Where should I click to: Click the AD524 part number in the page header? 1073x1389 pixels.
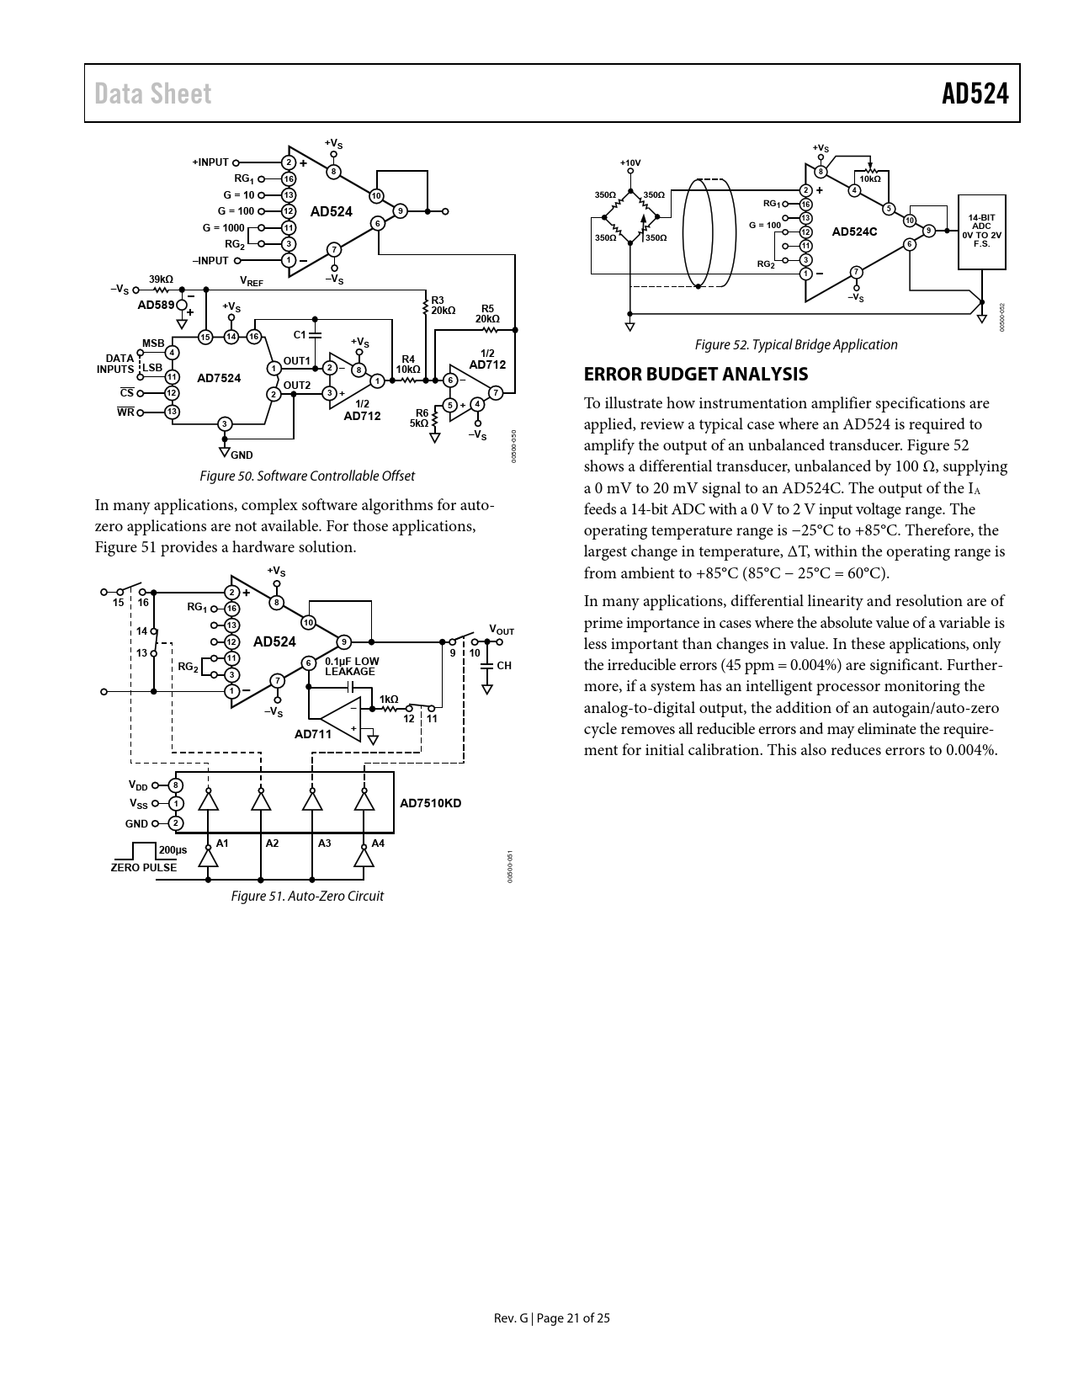coord(975,93)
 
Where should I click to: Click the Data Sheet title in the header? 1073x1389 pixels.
coord(152,93)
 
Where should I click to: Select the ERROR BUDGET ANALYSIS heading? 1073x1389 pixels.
coord(695,375)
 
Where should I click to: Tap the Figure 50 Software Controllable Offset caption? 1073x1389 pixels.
coord(306,476)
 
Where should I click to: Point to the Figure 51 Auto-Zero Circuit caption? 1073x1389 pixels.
coord(307,897)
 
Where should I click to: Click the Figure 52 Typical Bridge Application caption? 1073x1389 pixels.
coord(795,344)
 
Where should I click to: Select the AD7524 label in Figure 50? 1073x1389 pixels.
coord(219,378)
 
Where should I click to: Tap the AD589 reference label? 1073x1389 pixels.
coord(156,305)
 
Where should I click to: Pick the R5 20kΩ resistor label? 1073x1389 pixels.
coord(487,314)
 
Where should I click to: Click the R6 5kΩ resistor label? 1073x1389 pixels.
coord(419,418)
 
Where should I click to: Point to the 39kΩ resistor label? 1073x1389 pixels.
coord(161,279)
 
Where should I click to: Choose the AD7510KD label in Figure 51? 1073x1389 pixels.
coord(430,803)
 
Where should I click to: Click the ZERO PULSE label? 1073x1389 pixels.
coord(144,868)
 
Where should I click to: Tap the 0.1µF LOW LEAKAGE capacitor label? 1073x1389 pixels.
coord(352,666)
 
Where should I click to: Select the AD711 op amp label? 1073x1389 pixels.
coord(312,734)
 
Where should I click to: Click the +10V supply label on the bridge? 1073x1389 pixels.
coord(630,162)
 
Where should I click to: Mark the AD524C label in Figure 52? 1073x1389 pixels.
coord(854,231)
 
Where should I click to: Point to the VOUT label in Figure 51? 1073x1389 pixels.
coord(502,630)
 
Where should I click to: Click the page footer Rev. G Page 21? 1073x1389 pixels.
coord(551,1318)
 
